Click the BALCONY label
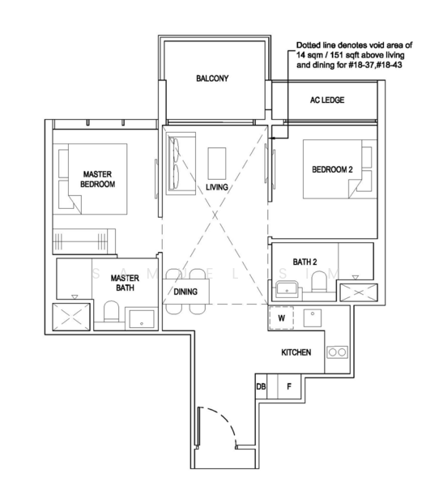pyautogui.click(x=212, y=78)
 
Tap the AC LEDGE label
pyautogui.click(x=327, y=100)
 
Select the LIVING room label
pyautogui.click(x=217, y=187)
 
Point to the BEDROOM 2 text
pyautogui.click(x=332, y=169)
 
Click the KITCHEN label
pyautogui.click(x=296, y=352)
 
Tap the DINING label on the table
pyautogui.click(x=185, y=292)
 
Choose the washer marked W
pyautogui.click(x=281, y=318)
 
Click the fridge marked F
pyautogui.click(x=289, y=386)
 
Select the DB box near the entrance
pyautogui.click(x=261, y=386)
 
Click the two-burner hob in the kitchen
pyautogui.click(x=337, y=352)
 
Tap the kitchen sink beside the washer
pyautogui.click(x=312, y=318)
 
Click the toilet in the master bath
pyautogui.click(x=111, y=311)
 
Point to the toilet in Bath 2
pyautogui.click(x=319, y=281)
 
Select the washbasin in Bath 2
pyautogui.click(x=287, y=289)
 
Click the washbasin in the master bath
pyautogui.click(x=142, y=318)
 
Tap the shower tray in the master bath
pyautogui.click(x=71, y=317)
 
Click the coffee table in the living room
pyautogui.click(x=217, y=164)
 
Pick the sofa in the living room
pyautogui.click(x=181, y=164)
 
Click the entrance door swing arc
pyautogui.click(x=223, y=422)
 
